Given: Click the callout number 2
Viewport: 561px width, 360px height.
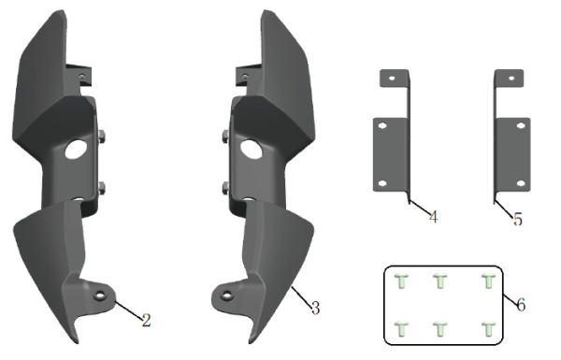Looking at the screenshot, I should [146, 320].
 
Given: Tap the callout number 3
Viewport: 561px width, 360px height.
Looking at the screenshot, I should [315, 307].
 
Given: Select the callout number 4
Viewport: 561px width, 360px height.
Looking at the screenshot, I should [433, 217].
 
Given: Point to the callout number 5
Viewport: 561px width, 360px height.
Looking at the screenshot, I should [517, 219].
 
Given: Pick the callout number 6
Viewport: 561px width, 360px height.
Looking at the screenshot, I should [520, 305].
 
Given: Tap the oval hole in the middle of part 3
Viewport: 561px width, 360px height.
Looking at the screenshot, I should [250, 148].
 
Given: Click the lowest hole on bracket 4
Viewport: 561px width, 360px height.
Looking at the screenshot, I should [383, 181].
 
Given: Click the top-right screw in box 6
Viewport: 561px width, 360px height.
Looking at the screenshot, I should [486, 281].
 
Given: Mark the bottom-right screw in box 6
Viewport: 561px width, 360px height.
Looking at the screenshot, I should [486, 327].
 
